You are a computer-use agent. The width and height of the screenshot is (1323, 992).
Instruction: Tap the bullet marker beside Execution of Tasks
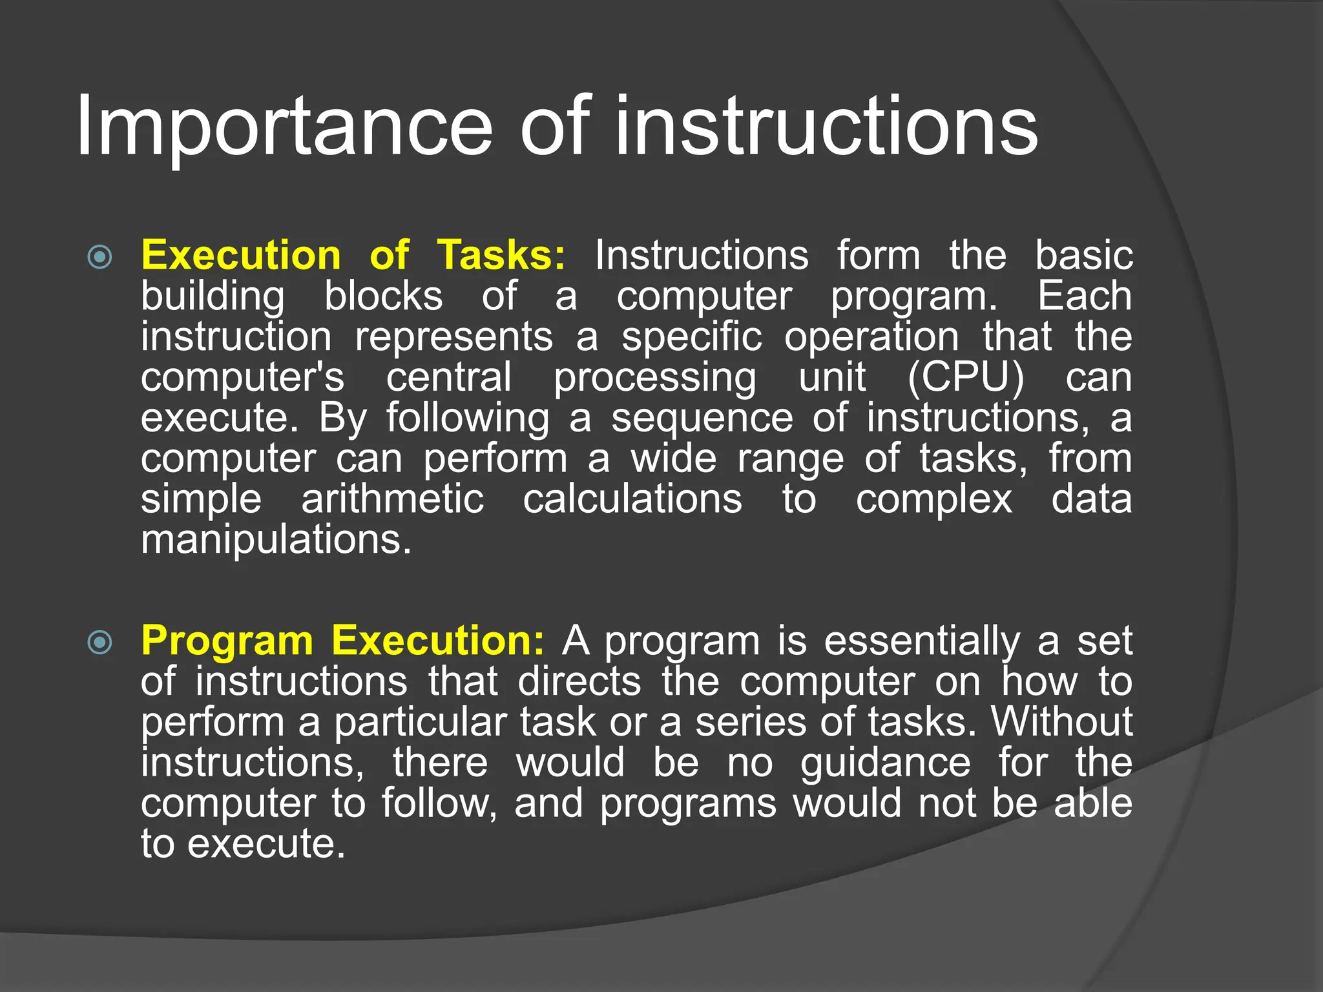pos(100,257)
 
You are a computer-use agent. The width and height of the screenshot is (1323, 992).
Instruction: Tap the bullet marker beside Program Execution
pos(100,642)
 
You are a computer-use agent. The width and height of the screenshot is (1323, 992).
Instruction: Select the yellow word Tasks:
pos(501,255)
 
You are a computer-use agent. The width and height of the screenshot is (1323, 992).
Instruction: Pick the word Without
pos(1061,721)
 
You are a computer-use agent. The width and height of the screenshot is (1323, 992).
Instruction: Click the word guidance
pos(885,763)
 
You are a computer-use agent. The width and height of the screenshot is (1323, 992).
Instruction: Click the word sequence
pos(702,418)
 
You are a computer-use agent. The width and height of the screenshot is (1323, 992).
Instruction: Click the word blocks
pos(383,296)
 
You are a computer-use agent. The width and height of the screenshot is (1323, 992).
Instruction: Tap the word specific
pos(691,336)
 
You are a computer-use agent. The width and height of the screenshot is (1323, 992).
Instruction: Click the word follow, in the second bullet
pos(439,803)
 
